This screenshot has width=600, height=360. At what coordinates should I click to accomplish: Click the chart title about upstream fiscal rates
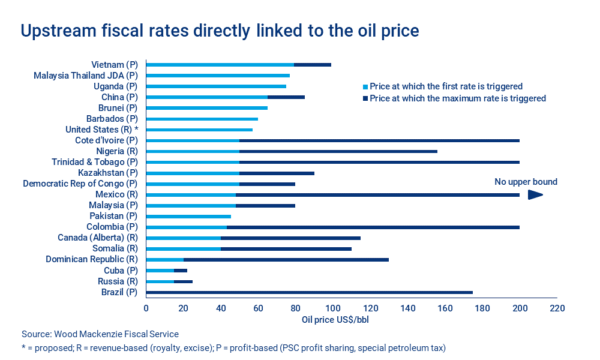(220, 31)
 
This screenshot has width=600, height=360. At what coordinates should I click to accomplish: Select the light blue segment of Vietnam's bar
(220, 65)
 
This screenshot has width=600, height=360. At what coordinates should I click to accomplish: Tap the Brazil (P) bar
(309, 292)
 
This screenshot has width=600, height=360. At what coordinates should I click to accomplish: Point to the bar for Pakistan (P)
(188, 216)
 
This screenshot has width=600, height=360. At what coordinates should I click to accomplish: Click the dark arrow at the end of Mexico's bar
(535, 194)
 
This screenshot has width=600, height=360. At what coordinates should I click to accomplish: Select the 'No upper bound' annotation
(526, 182)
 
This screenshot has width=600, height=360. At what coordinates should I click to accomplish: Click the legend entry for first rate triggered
(442, 86)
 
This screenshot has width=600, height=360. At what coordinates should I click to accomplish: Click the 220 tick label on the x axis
(557, 308)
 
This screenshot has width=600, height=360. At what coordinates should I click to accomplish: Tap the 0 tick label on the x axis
(146, 308)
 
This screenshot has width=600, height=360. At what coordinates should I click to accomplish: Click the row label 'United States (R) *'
(101, 130)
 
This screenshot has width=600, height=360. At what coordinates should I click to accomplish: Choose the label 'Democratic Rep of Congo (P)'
(80, 184)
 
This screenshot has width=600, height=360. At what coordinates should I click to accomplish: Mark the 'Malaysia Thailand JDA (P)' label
(86, 76)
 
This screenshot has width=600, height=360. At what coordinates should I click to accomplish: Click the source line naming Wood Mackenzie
(100, 334)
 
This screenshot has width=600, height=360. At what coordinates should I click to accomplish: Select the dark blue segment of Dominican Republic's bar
(286, 260)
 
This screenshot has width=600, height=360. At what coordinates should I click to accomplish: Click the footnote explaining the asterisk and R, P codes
(234, 348)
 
